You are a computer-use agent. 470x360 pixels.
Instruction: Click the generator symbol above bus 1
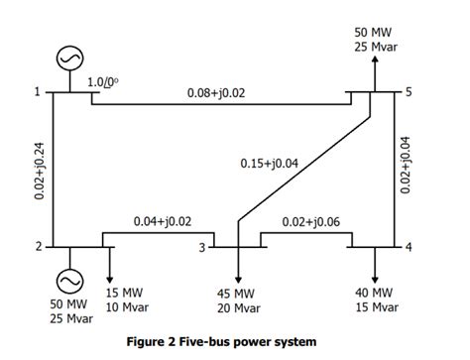[x=68, y=60]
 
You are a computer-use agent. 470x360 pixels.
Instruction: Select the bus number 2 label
[x=37, y=246]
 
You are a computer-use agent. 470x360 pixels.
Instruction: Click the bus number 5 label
[x=407, y=92]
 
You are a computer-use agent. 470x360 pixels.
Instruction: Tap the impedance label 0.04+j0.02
[x=163, y=221]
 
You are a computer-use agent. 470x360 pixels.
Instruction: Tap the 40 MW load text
[x=375, y=294]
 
